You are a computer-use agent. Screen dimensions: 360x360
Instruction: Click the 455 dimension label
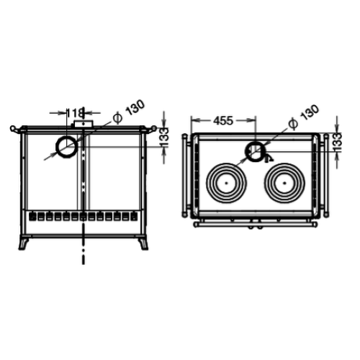point(223,120)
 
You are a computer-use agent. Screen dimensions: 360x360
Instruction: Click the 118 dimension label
point(75,113)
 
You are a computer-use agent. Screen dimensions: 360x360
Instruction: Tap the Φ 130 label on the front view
point(129,112)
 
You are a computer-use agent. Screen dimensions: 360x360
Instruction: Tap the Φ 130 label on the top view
point(304,117)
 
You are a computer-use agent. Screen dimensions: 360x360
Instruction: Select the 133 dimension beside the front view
point(164,138)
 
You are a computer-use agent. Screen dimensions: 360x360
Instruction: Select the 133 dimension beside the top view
point(337,142)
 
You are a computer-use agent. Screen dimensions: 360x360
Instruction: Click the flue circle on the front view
point(57,147)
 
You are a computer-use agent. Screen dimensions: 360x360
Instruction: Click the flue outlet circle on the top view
point(246,152)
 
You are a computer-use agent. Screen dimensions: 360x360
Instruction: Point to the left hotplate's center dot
point(226,183)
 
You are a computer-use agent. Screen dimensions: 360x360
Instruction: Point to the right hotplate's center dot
point(284,183)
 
